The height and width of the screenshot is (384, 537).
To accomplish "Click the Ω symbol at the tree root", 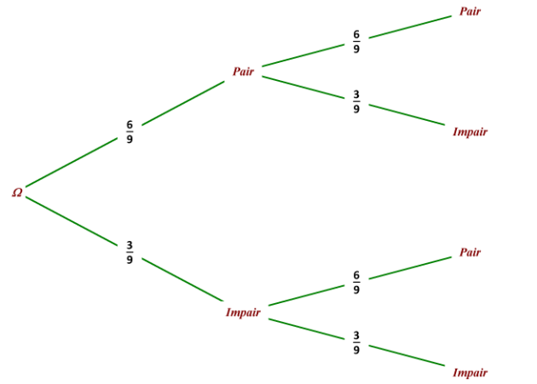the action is [17, 192].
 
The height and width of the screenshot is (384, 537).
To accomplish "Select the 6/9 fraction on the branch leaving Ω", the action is [130, 132].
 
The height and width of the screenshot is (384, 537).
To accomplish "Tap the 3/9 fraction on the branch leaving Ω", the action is [130, 252].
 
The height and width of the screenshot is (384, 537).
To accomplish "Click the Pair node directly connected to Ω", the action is [243, 72].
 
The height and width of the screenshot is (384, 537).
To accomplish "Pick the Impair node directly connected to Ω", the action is [243, 312].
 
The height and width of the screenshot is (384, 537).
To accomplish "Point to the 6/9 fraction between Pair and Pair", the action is [356, 42].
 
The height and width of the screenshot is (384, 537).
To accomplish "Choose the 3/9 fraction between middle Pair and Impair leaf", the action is [356, 101].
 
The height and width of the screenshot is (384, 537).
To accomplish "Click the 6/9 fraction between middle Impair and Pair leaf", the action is [356, 283].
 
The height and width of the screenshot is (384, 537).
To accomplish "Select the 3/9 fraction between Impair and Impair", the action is [356, 342].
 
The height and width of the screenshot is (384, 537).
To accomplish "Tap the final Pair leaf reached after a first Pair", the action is [470, 11].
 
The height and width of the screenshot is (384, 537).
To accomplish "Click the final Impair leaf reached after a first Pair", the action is [470, 132].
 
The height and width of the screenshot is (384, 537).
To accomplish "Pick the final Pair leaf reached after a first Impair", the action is [470, 252].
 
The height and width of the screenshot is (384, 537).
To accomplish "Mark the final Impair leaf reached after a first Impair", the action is [470, 372].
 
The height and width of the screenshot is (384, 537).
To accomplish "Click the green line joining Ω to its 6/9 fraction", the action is [72, 163].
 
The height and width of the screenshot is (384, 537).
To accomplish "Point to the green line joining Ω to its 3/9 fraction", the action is [72, 221].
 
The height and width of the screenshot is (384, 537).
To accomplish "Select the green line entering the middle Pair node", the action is [183, 103].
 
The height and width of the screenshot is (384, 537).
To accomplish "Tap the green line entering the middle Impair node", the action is [182, 279].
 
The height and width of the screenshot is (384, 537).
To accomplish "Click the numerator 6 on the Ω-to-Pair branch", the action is [130, 124].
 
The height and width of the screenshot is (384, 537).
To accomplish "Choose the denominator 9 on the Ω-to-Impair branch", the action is [130, 260].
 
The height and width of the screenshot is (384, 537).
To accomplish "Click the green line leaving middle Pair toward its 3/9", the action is [303, 87].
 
